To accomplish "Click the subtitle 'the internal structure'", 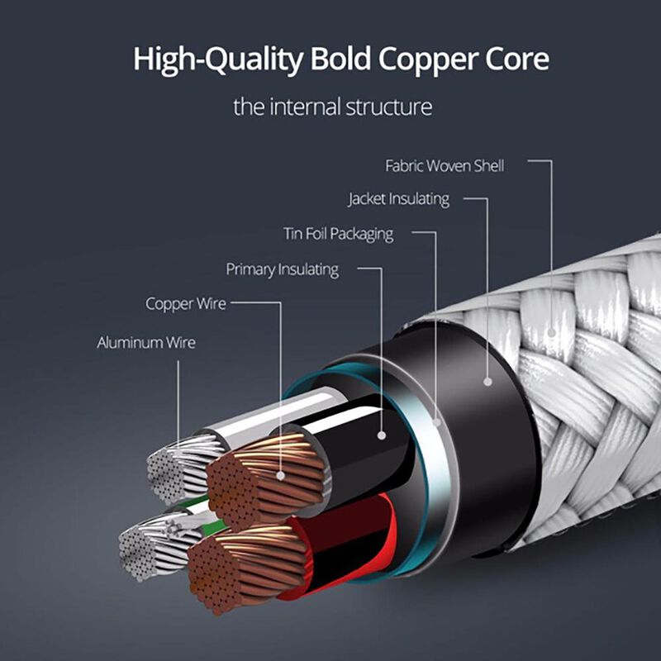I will pyautogui.click(x=332, y=107).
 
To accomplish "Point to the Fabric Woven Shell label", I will pyautogui.click(x=445, y=165).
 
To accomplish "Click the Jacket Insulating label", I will pyautogui.click(x=398, y=199).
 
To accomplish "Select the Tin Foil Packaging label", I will pyautogui.click(x=339, y=234).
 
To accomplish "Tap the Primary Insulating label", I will pyautogui.click(x=283, y=269).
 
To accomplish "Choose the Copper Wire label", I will pyautogui.click(x=186, y=304).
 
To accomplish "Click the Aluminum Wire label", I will pyautogui.click(x=146, y=342).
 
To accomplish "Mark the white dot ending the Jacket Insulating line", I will pyautogui.click(x=487, y=382).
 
